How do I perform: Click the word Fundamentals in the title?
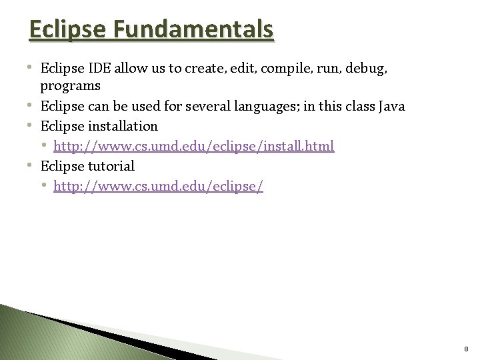[x=194, y=29]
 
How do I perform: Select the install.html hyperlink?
[x=193, y=146]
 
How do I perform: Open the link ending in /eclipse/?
[x=158, y=186]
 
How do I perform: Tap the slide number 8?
[x=466, y=349]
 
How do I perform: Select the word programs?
[x=70, y=86]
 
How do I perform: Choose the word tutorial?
[x=110, y=166]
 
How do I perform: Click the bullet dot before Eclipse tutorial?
[x=33, y=165]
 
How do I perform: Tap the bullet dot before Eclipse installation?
[x=33, y=125]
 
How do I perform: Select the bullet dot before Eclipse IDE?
[x=33, y=67]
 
